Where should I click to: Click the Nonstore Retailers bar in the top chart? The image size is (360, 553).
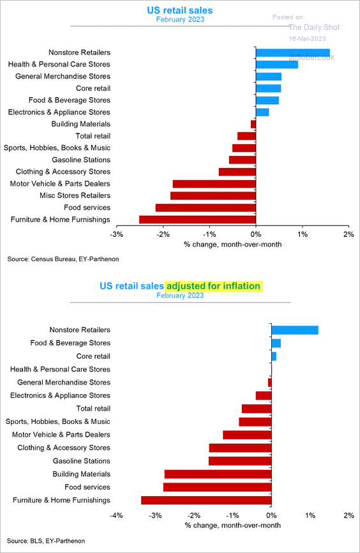pyautogui.click(x=292, y=53)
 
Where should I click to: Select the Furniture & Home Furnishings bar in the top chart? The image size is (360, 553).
pyautogui.click(x=197, y=220)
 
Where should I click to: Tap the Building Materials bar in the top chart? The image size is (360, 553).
pyautogui.click(x=253, y=124)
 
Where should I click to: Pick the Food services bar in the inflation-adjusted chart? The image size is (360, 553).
pyautogui.click(x=217, y=487)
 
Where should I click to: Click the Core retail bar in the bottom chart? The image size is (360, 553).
pyautogui.click(x=274, y=356)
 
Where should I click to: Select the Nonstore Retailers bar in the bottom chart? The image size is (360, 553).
pyautogui.click(x=295, y=330)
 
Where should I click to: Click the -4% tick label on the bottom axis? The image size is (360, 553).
pyautogui.click(x=117, y=515)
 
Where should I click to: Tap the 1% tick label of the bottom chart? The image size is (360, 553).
pyautogui.click(x=310, y=515)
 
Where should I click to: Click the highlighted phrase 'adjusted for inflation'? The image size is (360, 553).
pyautogui.click(x=213, y=285)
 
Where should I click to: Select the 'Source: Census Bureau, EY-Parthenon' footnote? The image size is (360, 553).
pyautogui.click(x=63, y=259)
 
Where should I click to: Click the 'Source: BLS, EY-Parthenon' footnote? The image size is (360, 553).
pyautogui.click(x=46, y=541)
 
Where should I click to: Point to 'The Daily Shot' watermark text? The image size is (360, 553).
pyautogui.click(x=314, y=27)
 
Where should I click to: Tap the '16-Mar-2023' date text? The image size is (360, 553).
pyautogui.click(x=308, y=39)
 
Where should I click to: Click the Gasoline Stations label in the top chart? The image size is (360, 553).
pyautogui.click(x=81, y=160)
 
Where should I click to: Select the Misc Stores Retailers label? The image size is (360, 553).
pyautogui.click(x=75, y=195)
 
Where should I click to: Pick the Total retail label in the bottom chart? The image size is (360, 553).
pyautogui.click(x=93, y=409)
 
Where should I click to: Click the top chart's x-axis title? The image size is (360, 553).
pyautogui.click(x=233, y=245)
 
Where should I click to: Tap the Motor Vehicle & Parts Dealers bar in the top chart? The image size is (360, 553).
pyautogui.click(x=214, y=184)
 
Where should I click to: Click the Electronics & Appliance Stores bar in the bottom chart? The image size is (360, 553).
pyautogui.click(x=264, y=395)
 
